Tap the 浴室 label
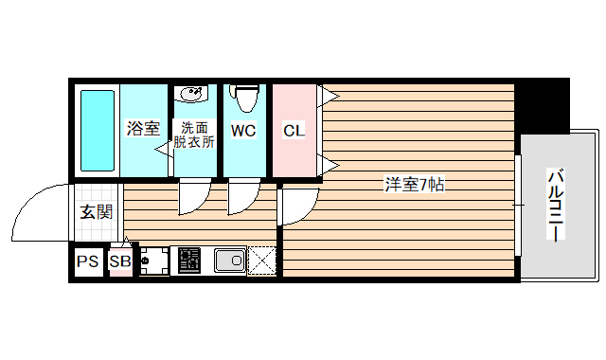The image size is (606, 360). [143, 130]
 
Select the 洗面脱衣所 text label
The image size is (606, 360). [194, 135]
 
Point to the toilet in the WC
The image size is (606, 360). [245, 98]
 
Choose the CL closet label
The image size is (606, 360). [294, 131]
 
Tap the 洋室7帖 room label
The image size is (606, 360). [414, 184]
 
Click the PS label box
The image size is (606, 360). [88, 262]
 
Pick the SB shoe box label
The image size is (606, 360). [120, 262]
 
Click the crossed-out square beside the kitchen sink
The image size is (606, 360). [262, 260]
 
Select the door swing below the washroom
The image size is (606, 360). [192, 196]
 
